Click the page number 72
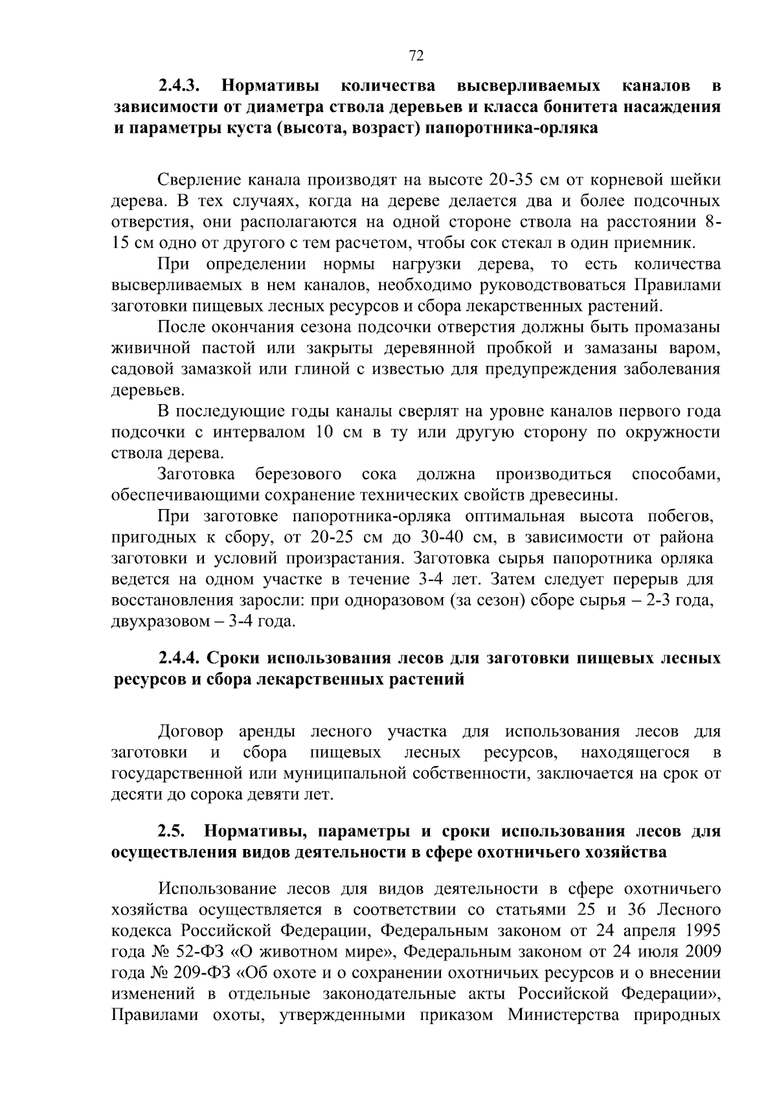click(x=416, y=56)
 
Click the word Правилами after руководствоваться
click(x=677, y=285)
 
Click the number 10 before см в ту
click(x=324, y=433)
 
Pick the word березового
click(x=298, y=475)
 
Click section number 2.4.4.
click(x=181, y=659)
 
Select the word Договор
click(x=190, y=732)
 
